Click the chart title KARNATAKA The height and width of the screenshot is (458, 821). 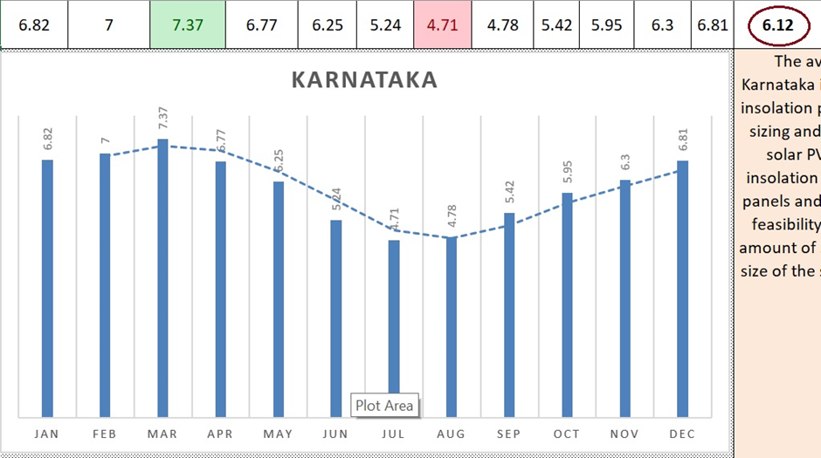point(363,80)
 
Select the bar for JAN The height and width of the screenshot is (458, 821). point(47,288)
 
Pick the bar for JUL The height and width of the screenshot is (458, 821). point(394,318)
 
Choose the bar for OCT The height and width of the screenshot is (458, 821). point(567,304)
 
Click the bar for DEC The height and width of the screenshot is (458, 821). point(682,288)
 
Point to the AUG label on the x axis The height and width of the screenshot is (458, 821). point(451,434)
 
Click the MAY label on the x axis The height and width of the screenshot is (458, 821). point(278,434)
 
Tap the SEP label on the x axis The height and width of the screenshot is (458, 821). point(508,434)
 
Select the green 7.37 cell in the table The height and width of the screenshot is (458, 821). point(188,24)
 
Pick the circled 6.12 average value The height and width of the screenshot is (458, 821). point(777,24)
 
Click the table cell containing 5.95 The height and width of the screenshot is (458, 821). point(606,24)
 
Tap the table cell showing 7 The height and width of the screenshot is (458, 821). point(108,24)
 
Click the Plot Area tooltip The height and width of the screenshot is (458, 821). point(384,406)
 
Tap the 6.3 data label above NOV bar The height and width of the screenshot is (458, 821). point(624,164)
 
